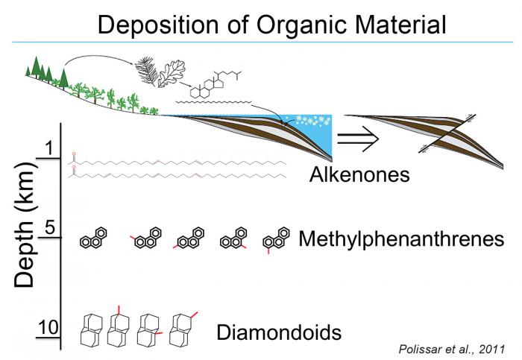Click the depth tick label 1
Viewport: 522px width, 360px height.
pos(49,148)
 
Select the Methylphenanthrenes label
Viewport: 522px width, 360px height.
pos(396,240)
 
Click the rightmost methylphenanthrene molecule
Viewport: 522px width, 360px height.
pos(276,240)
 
